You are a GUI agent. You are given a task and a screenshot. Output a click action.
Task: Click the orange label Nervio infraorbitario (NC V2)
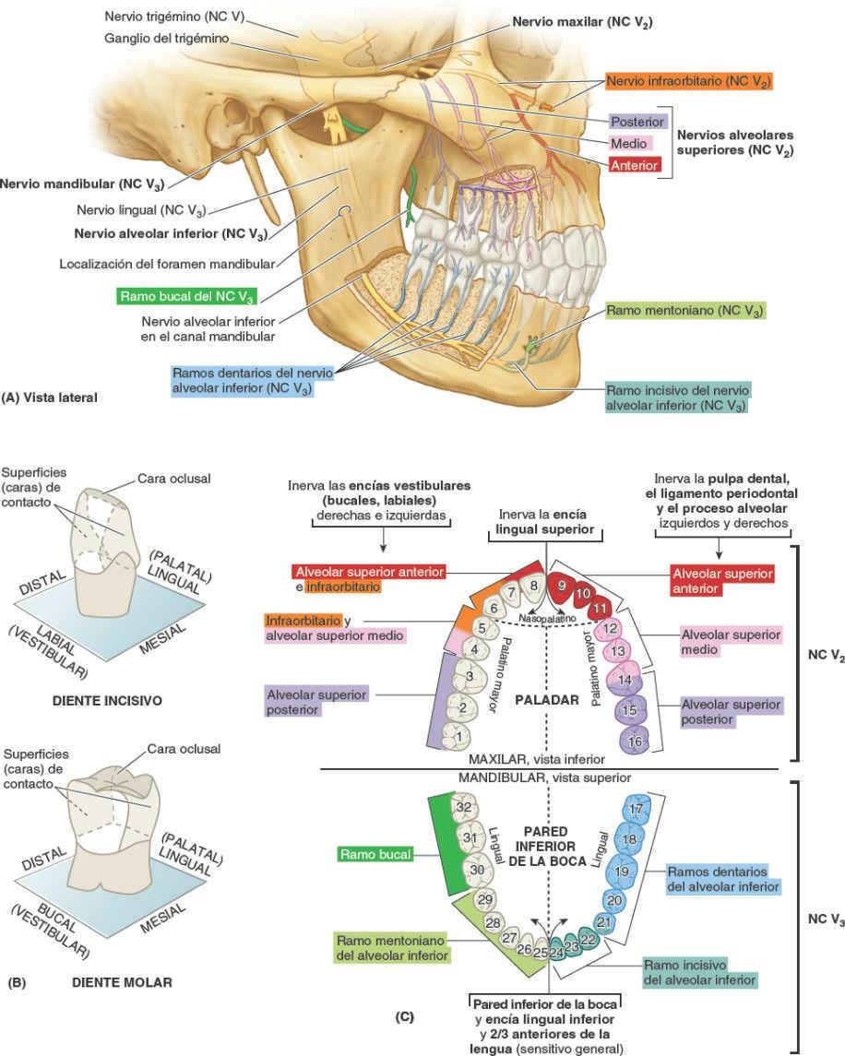click(x=688, y=82)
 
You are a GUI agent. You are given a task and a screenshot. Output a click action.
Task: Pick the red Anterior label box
click(x=634, y=166)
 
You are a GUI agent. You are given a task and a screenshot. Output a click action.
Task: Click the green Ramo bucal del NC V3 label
click(x=186, y=297)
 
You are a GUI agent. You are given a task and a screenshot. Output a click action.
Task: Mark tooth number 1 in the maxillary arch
click(x=458, y=738)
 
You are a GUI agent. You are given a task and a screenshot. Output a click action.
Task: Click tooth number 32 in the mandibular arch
click(x=464, y=807)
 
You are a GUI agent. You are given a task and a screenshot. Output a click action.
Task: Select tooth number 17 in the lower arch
click(x=635, y=809)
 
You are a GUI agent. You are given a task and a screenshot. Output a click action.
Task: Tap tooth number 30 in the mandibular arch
click(x=478, y=869)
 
